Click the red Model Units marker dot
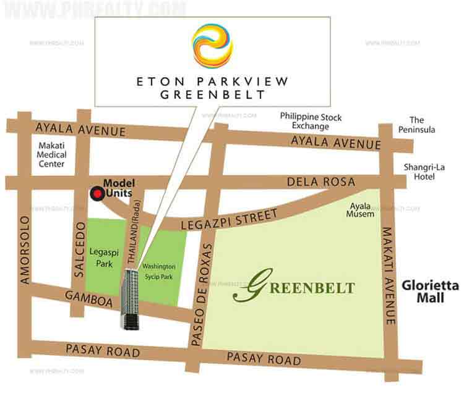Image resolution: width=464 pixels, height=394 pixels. pos(96,195)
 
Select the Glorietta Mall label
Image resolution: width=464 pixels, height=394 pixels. pos(429,291)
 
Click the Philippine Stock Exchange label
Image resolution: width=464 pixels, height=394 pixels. pos(311,120)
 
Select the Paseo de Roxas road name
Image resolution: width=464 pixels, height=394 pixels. pos(203,286)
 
